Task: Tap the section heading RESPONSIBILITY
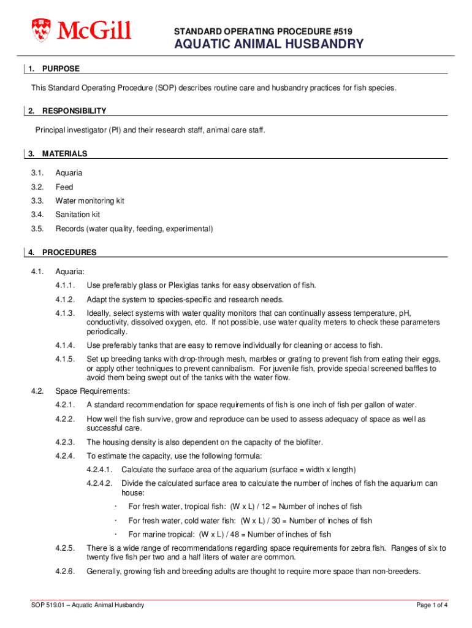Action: pos(74,111)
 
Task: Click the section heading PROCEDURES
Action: pos(69,252)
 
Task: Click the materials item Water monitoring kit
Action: pos(89,201)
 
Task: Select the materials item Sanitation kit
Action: pos(78,215)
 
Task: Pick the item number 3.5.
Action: pos(38,229)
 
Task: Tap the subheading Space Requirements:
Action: pos(93,391)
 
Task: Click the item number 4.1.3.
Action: pos(65,313)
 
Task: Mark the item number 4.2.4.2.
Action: pos(100,483)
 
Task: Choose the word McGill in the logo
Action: pos(94,29)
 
